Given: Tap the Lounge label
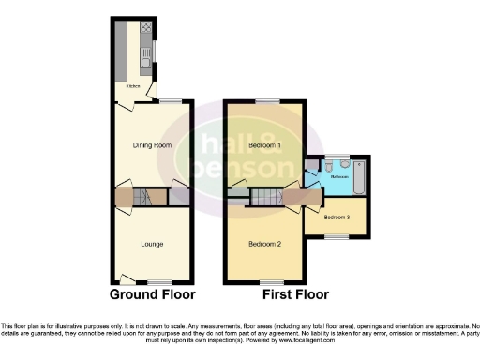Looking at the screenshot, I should pyautogui.click(x=152, y=245).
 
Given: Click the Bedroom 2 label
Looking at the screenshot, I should pyautogui.click(x=265, y=245).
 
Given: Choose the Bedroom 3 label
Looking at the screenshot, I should pyautogui.click(x=337, y=217).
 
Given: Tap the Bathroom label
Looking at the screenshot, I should pyautogui.click(x=339, y=176).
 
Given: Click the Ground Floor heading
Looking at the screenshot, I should pyautogui.click(x=153, y=294).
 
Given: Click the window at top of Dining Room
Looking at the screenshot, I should pyautogui.click(x=169, y=100).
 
